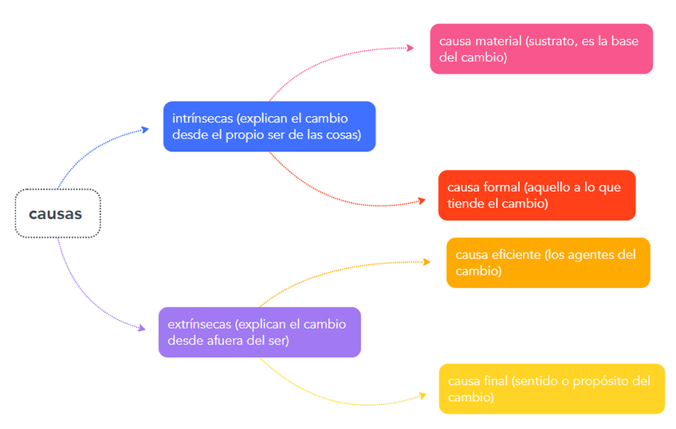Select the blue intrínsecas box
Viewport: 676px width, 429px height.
pyautogui.click(x=269, y=127)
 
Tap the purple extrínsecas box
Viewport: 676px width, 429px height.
pyautogui.click(x=259, y=332)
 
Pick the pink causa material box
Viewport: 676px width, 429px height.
pyautogui.click(x=540, y=49)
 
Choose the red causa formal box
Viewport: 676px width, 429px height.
pyautogui.click(x=536, y=195)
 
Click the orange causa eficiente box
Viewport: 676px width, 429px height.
pyautogui.click(x=548, y=263)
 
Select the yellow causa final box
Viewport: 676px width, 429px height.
pyautogui.click(x=551, y=388)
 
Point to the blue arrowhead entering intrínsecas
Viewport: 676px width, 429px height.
pyautogui.click(x=145, y=129)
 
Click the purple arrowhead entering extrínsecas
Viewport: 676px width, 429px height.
pyautogui.click(x=142, y=327)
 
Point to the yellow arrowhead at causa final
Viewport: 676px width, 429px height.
pyautogui.click(x=422, y=394)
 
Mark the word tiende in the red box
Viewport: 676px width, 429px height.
pyautogui.click(x=465, y=204)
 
